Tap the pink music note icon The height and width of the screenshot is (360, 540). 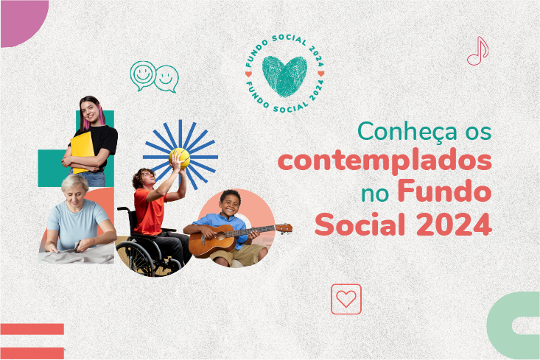(478, 51)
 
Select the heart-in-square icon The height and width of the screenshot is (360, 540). (346, 299)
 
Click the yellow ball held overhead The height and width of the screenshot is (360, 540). (180, 157)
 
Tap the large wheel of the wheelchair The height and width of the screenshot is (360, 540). (140, 253)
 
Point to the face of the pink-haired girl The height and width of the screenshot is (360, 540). (90, 110)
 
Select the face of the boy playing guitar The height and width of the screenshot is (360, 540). (231, 204)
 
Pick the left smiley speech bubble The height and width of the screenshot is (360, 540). (143, 75)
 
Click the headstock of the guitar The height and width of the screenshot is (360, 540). (283, 228)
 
